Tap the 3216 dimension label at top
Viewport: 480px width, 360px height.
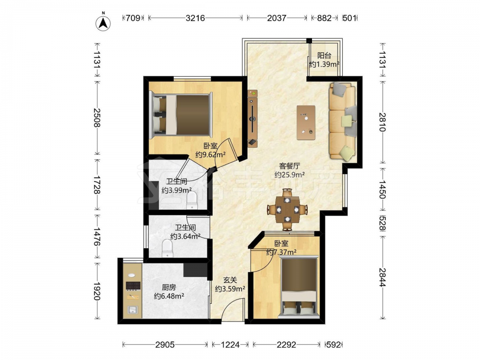[x=195, y=18]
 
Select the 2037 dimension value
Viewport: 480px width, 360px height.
[x=277, y=18]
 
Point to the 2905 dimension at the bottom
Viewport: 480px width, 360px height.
[x=165, y=345]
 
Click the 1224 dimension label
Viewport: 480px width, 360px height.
[x=230, y=345]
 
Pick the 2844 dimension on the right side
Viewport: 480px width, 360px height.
[x=383, y=277]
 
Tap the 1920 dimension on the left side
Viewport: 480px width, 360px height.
[x=97, y=291]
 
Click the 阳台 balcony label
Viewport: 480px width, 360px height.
[x=324, y=56]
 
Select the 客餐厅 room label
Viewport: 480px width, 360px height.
[x=289, y=166]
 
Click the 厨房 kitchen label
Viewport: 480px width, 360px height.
[x=169, y=288]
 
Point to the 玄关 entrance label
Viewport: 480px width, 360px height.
[x=230, y=280]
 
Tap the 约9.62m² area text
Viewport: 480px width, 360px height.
[x=211, y=155]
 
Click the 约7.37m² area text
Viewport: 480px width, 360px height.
[x=281, y=252]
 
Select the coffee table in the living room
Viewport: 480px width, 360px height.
[x=306, y=122]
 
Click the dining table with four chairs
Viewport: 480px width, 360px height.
[x=287, y=210]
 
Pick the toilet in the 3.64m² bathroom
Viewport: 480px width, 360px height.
[x=168, y=248]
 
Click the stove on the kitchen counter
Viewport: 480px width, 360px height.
[x=133, y=286]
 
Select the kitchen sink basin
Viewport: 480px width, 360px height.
[x=132, y=310]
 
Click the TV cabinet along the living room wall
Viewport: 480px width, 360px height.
[x=253, y=119]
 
